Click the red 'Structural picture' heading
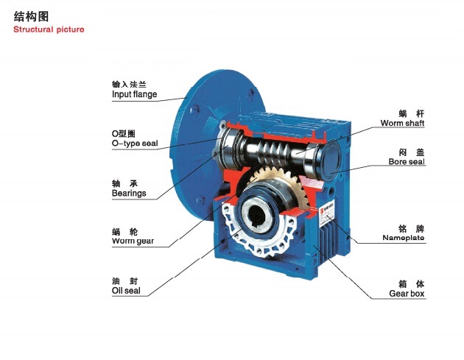click(x=49, y=29)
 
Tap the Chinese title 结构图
click(x=31, y=17)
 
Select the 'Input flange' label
click(x=134, y=94)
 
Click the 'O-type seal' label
click(x=135, y=143)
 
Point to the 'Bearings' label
click(x=129, y=193)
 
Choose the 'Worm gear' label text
click(x=133, y=241)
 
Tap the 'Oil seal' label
click(x=126, y=291)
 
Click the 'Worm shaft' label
click(x=402, y=123)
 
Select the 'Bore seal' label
click(x=407, y=161)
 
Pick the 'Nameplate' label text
click(x=404, y=238)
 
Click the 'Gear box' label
click(x=407, y=294)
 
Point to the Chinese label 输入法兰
click(x=129, y=85)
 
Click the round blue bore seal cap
click(x=331, y=160)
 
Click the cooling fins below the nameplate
click(x=328, y=239)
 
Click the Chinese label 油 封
click(x=125, y=281)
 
